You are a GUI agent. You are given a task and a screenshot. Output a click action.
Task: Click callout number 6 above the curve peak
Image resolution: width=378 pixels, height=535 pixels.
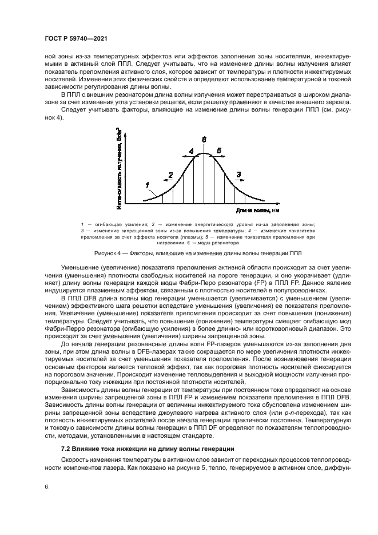(204, 139)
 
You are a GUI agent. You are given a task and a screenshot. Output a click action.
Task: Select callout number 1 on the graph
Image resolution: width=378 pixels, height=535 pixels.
(148, 184)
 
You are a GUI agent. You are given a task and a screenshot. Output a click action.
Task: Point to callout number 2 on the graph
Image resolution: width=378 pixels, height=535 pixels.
(170, 174)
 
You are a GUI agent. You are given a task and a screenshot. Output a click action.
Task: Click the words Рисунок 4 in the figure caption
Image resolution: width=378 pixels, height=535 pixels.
(108, 252)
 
